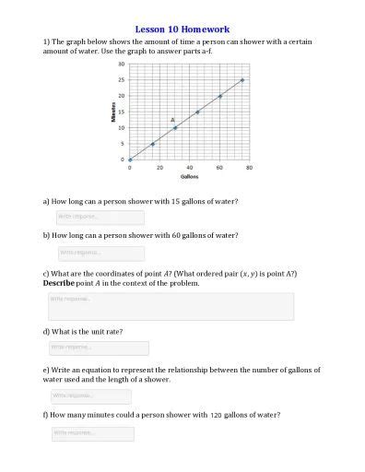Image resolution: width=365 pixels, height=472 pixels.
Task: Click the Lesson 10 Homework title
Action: [182, 29]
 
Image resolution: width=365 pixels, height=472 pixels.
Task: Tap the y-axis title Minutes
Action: [112, 111]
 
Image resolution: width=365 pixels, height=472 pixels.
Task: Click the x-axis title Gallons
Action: [189, 176]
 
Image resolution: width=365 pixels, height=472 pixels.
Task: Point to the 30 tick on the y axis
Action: [122, 65]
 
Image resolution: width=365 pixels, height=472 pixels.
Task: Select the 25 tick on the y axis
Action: [122, 80]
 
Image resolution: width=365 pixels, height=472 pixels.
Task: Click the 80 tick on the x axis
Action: [249, 167]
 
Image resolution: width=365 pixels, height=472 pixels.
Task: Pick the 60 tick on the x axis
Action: [219, 167]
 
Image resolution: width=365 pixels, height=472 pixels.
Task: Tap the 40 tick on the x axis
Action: [189, 167]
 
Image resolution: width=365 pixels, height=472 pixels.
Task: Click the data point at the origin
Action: [130, 159]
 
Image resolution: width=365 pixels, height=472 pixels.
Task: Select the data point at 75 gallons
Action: [242, 80]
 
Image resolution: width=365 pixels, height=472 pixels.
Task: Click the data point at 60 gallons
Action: [219, 96]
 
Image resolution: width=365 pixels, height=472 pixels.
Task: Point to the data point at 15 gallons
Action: [152, 144]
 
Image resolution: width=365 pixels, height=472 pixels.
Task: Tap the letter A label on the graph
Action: [171, 120]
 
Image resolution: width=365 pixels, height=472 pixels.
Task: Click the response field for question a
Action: [100, 217]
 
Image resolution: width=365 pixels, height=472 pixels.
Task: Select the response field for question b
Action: [100, 252]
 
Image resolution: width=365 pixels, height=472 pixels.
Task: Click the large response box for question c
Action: [170, 306]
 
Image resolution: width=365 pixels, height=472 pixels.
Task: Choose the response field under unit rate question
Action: [100, 348]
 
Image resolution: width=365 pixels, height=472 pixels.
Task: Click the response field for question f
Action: [93, 432]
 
